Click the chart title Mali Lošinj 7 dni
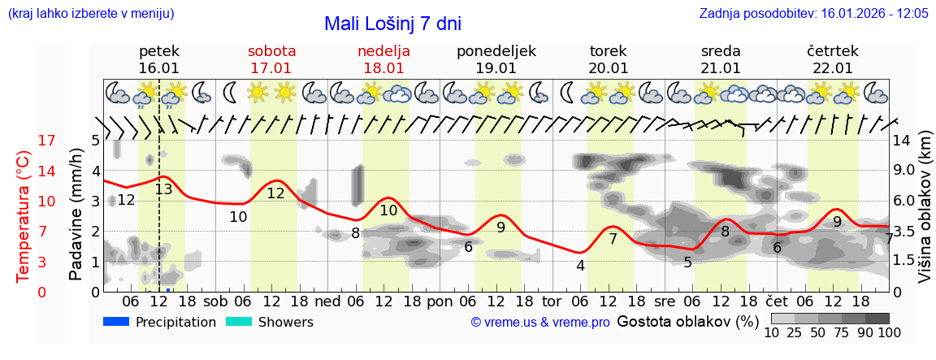pos(392,24)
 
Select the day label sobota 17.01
pos(271,59)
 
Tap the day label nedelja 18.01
pos(383,59)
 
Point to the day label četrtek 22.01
pos(833,59)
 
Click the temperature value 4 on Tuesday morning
pos(580,265)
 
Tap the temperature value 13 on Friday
pos(163,189)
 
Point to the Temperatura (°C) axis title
pos(23,216)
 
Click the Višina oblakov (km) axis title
pos(925,216)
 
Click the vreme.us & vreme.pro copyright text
pos(540,323)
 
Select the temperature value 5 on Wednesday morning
pos(687,262)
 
